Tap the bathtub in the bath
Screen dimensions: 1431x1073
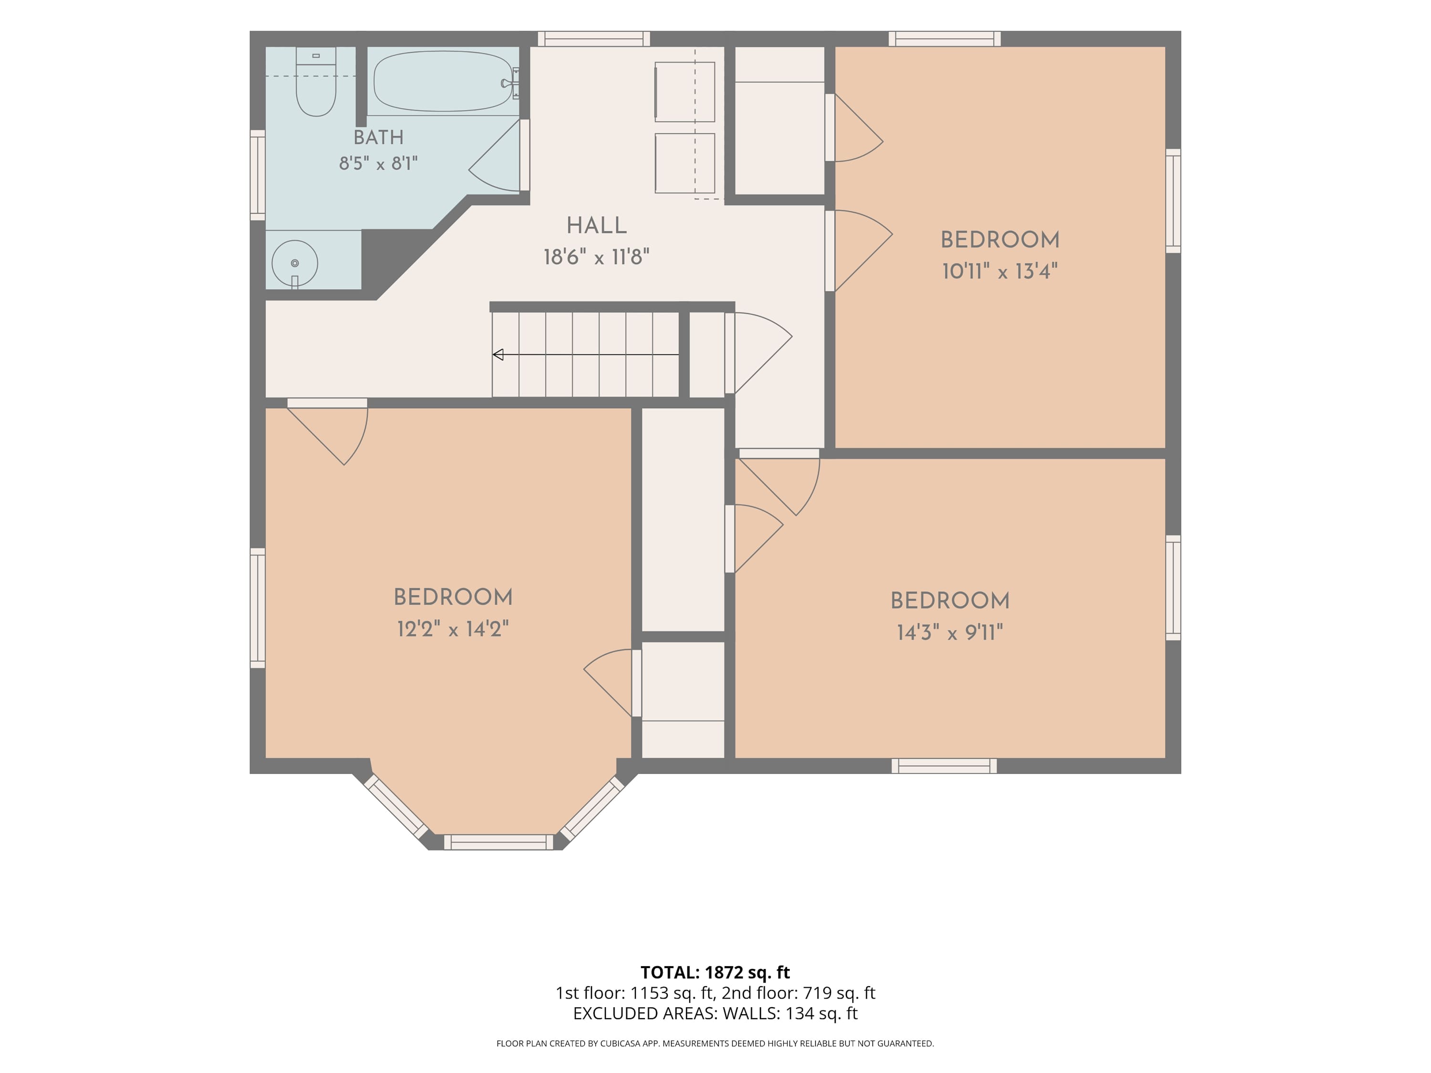444,82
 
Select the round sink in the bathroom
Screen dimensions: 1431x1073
295,263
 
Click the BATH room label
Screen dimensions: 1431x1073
378,137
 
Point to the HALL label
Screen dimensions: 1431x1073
596,225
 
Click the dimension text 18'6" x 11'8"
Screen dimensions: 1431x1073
596,257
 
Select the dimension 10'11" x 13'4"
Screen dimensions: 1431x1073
1000,271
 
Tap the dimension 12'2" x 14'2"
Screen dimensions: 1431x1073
453,629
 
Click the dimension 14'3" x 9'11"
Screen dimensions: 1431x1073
950,632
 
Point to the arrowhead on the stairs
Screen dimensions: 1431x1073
498,354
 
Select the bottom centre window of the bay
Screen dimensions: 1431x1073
498,842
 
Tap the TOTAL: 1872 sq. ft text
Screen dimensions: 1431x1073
715,972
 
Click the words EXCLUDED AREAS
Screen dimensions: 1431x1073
643,1013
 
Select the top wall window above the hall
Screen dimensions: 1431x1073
594,39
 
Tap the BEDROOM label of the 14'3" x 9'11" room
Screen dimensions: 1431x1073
950,600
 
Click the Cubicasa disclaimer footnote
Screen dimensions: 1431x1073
715,1043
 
